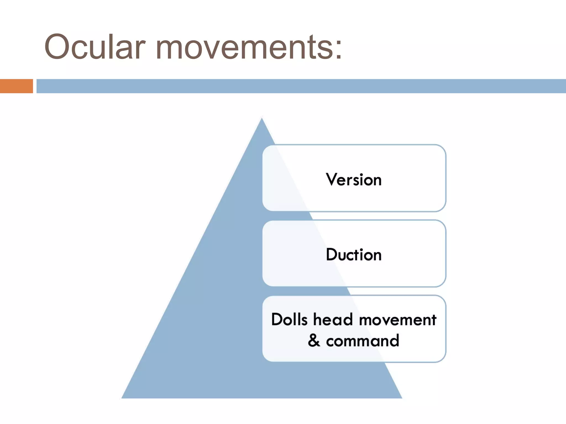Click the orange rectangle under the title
(x=16, y=86)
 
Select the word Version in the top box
(x=354, y=180)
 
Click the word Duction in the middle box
(x=354, y=255)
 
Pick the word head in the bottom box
(x=333, y=320)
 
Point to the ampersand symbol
(x=314, y=340)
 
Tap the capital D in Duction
(x=332, y=254)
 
